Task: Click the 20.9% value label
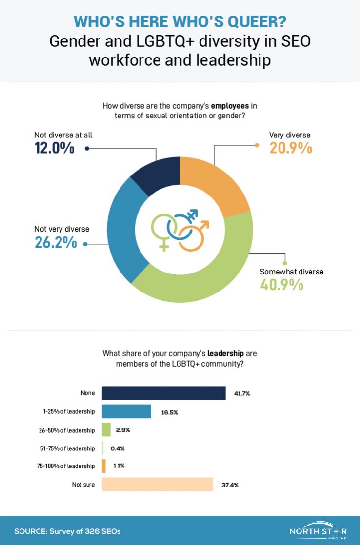pos(290,147)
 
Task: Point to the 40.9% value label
pos(281,284)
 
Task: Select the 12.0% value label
pos(54,147)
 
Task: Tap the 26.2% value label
pos(55,241)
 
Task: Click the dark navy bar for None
pos(164,393)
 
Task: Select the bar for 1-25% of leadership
pos(127,412)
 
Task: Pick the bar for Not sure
pos(158,485)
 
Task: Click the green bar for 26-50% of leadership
pos(106,430)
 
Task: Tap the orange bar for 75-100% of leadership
pos(104,466)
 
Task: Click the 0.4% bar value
pos(118,448)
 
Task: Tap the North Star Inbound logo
pos(318,530)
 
